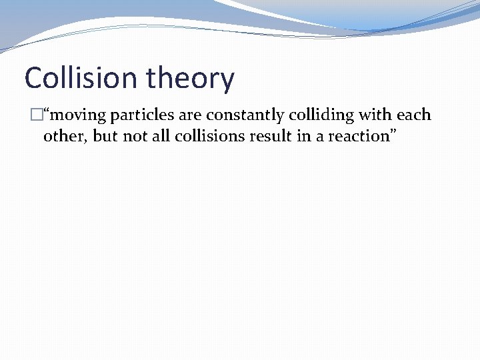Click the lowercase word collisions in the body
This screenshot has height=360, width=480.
[207, 136]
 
